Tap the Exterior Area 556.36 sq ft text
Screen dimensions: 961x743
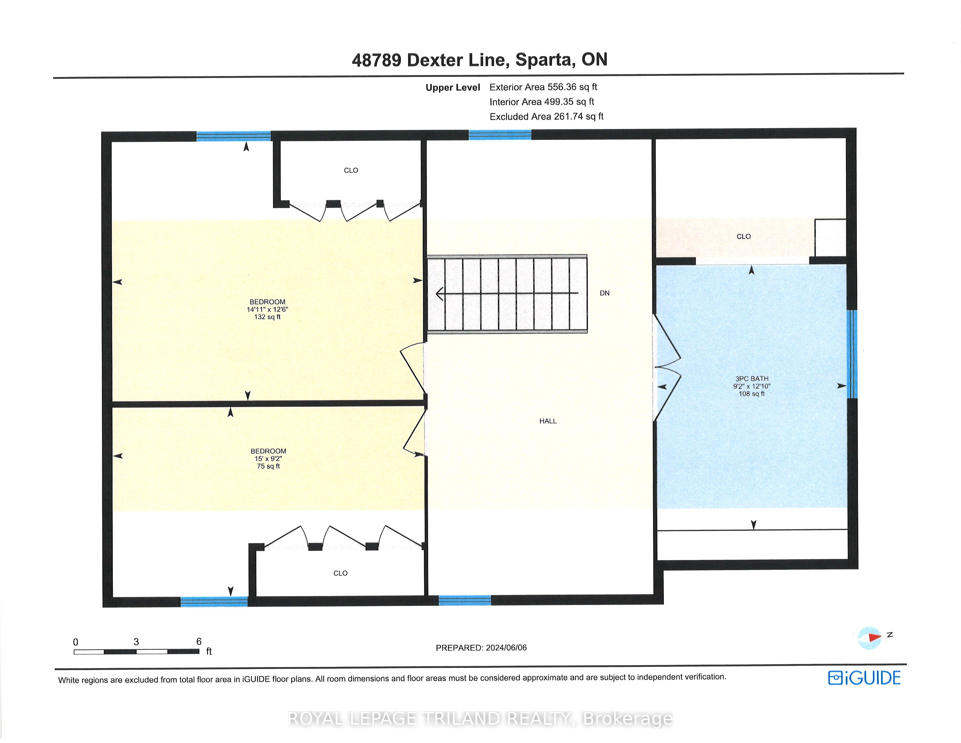(543, 87)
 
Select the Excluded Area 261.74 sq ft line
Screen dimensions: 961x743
(547, 116)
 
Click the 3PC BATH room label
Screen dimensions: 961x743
(752, 378)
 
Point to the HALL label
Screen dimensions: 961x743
(548, 421)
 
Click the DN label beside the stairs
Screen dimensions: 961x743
(605, 293)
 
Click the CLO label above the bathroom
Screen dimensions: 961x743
(744, 236)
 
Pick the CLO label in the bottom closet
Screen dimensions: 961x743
(340, 573)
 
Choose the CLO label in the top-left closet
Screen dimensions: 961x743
(351, 170)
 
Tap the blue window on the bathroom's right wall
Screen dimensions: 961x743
(852, 354)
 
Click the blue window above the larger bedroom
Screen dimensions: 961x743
(233, 136)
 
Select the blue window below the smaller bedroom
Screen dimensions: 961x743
(214, 601)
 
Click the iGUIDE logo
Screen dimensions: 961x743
(864, 678)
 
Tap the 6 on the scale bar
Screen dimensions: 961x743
(199, 642)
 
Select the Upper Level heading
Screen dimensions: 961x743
(453, 88)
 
